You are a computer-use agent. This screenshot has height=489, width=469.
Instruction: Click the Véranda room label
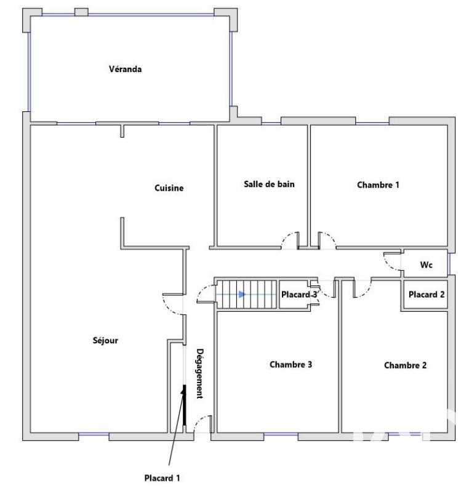[x=126, y=69]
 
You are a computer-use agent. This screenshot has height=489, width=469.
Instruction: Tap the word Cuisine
[x=169, y=188]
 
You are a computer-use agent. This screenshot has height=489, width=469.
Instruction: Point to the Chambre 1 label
[x=378, y=185]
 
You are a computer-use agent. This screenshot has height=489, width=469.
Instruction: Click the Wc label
[x=426, y=265]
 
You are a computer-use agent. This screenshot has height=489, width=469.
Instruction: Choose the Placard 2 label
[x=426, y=295]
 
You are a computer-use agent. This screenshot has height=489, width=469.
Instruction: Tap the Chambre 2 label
[x=405, y=365]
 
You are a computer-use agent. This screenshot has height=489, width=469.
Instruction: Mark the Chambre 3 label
[x=291, y=364]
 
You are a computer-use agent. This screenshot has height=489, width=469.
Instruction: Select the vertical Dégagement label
[x=199, y=373]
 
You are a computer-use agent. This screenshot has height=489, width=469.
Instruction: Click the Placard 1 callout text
[x=162, y=477]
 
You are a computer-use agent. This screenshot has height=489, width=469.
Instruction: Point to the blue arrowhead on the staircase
[x=243, y=295]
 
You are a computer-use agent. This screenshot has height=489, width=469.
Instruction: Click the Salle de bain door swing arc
[x=287, y=240]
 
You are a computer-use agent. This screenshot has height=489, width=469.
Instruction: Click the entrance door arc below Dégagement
[x=201, y=424]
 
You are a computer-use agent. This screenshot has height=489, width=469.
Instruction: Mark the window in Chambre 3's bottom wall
[x=281, y=435]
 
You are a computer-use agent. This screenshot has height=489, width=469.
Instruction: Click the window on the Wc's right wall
[x=450, y=264]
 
